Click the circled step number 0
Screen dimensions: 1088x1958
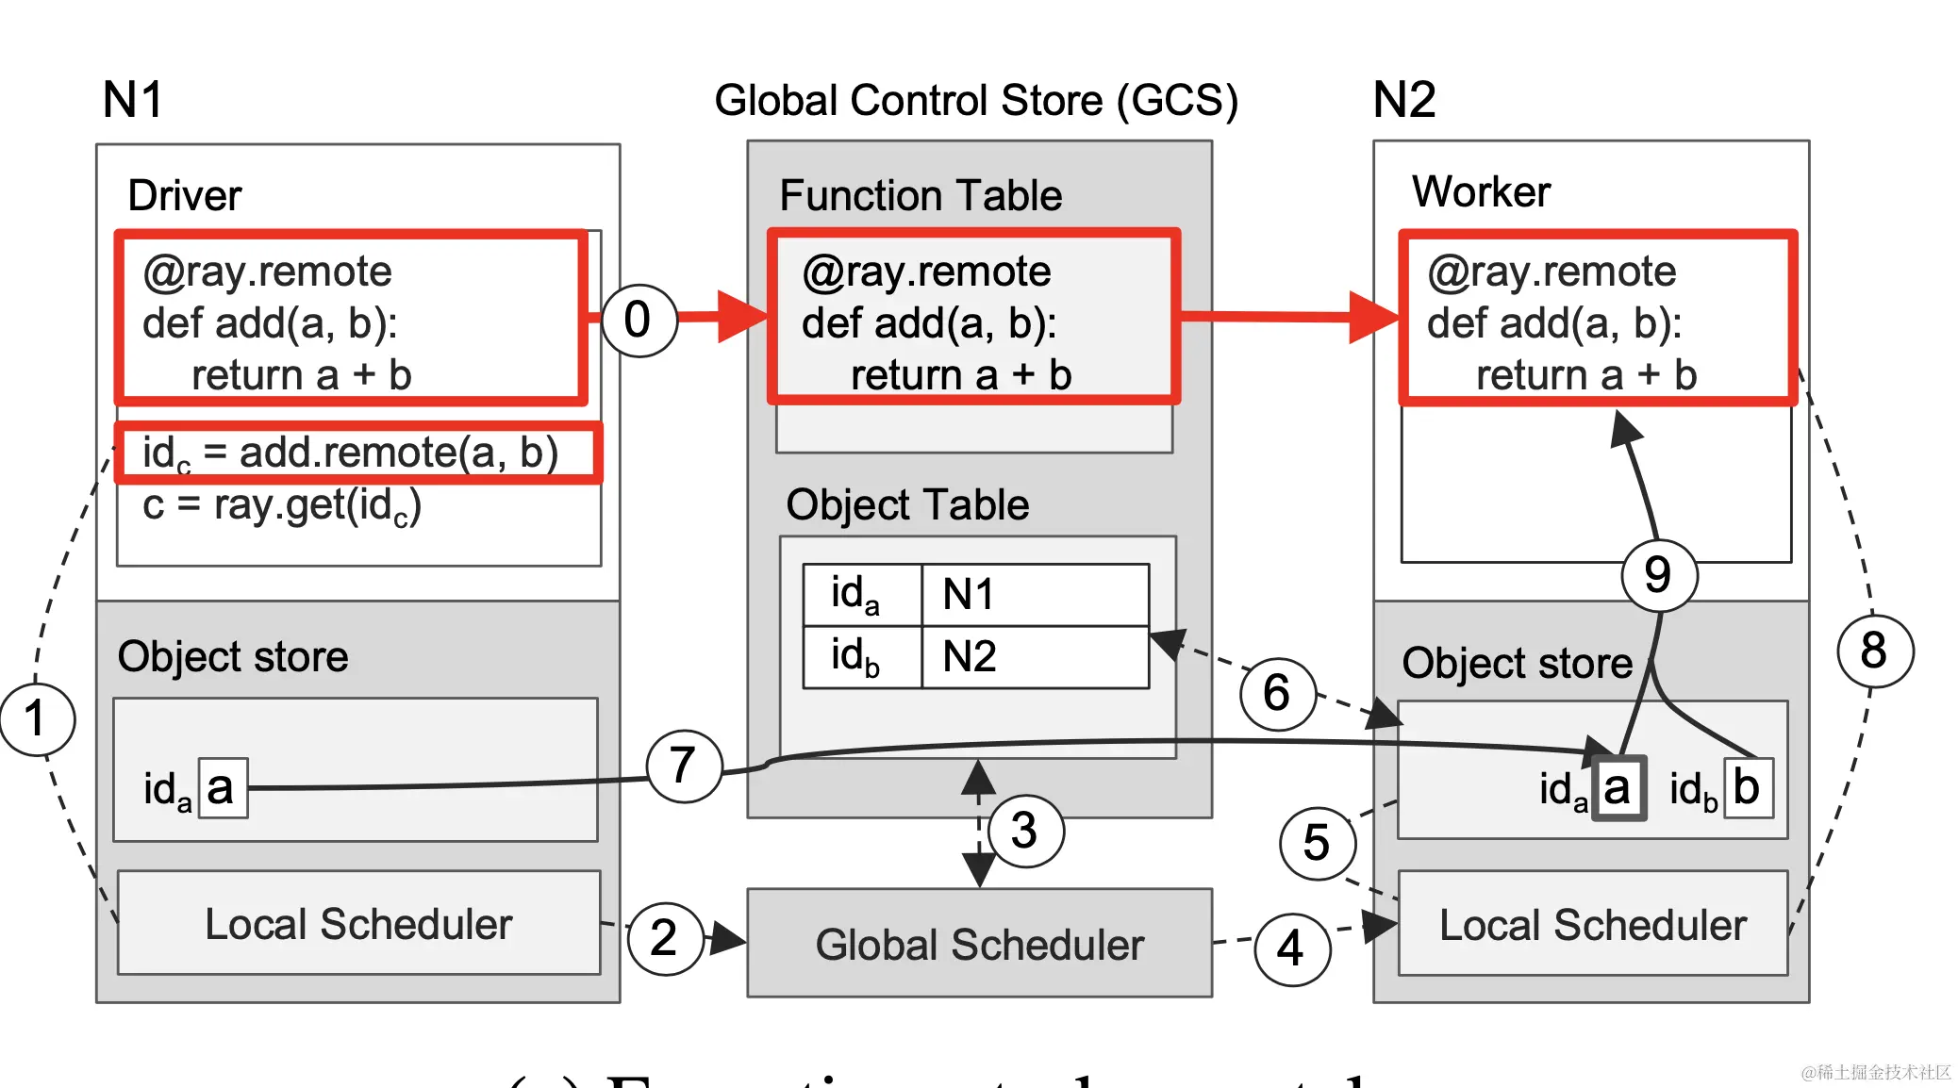[x=639, y=321]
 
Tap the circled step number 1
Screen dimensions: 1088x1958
[x=36, y=719]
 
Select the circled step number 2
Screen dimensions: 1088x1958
[x=665, y=938]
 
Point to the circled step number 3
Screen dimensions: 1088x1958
[x=1024, y=831]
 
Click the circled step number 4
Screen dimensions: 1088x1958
[x=1291, y=948]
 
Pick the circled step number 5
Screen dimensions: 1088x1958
[x=1317, y=843]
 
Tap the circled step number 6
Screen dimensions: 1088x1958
[x=1276, y=693]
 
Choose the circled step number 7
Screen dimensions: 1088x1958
[x=684, y=766]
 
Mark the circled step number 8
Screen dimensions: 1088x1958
[x=1875, y=651]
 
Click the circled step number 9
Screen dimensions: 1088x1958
[x=1659, y=575]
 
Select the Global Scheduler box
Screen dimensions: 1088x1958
[x=979, y=943]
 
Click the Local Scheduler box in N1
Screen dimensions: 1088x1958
[x=358, y=923]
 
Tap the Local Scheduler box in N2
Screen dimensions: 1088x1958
[x=1593, y=924]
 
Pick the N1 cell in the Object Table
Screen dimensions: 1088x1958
[x=1034, y=595]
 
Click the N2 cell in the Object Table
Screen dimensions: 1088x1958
[x=1034, y=656]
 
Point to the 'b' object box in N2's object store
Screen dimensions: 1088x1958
[x=1748, y=787]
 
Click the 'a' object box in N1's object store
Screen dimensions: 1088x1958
[x=223, y=787]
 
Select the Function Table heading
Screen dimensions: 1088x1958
[x=921, y=196]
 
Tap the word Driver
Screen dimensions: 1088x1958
[x=185, y=196]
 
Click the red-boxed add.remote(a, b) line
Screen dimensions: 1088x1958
[x=357, y=453]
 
